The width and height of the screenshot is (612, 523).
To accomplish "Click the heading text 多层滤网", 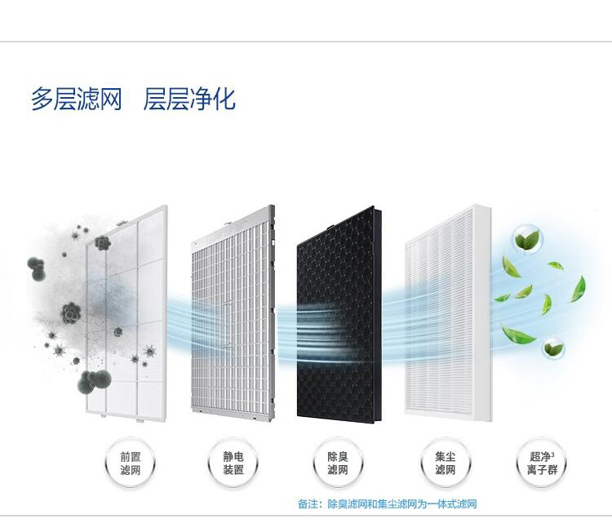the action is (x=76, y=100).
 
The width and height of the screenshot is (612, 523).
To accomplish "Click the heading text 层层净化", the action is (x=189, y=100).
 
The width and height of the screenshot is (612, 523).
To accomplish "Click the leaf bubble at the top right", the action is (x=526, y=239).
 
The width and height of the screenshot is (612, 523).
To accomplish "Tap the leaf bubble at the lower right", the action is (x=554, y=348).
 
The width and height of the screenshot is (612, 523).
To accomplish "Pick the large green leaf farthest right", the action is (x=578, y=287).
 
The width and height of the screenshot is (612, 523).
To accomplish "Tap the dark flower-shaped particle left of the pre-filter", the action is (x=71, y=313).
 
